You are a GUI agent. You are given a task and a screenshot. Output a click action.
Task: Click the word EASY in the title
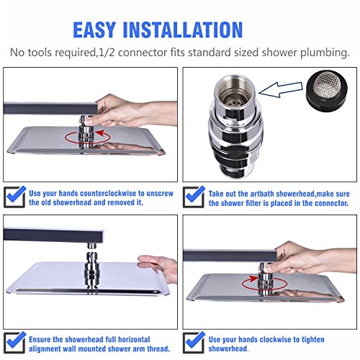click(x=94, y=30)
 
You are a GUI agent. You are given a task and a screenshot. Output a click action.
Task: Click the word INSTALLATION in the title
click(x=183, y=30)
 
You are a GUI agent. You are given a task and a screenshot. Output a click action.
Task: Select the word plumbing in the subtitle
click(x=325, y=53)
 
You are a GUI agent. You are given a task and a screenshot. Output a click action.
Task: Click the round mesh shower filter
click(x=327, y=91)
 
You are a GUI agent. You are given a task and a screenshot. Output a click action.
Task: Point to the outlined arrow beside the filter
click(x=281, y=89)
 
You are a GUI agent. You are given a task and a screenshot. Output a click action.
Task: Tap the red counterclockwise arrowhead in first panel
click(x=100, y=133)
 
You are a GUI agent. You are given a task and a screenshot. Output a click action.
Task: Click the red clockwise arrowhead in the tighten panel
click(x=253, y=279)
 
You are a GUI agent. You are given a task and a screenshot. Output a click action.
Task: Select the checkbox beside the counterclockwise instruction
click(x=15, y=197)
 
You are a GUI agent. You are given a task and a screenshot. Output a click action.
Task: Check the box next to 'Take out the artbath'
click(x=194, y=197)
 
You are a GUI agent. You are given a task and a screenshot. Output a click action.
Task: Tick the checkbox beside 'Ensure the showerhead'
click(x=15, y=343)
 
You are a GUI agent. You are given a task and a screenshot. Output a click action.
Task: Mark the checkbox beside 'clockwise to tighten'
click(x=194, y=343)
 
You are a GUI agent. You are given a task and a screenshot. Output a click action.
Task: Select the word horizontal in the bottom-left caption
click(x=134, y=339)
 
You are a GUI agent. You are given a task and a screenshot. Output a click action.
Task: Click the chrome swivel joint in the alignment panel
click(x=91, y=270)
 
